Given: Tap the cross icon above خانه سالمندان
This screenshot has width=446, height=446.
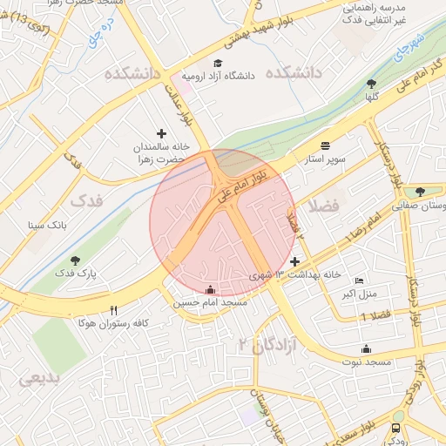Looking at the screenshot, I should pyautogui.click(x=161, y=132).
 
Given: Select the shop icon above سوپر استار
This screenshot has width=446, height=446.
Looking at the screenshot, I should pyautogui.click(x=326, y=145).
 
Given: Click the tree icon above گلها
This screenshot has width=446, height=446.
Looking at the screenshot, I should pyautogui.click(x=372, y=84).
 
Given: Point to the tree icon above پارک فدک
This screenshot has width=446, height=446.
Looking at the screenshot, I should pyautogui.click(x=75, y=260).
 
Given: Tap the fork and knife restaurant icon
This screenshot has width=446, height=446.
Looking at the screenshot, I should pyautogui.click(x=113, y=310).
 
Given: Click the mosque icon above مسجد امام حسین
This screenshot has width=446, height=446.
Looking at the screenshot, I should pyautogui.click(x=209, y=289).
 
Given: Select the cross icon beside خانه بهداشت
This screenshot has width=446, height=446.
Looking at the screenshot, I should pyautogui.click(x=294, y=261).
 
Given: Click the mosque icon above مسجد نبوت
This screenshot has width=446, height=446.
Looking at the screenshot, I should pyautogui.click(x=366, y=348).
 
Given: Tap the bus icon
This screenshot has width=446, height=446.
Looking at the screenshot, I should pyautogui.click(x=398, y=429).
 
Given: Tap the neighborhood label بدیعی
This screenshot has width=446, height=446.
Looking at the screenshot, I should pyautogui.click(x=38, y=379).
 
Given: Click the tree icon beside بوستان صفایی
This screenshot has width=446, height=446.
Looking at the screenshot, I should pyautogui.click(x=420, y=192).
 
